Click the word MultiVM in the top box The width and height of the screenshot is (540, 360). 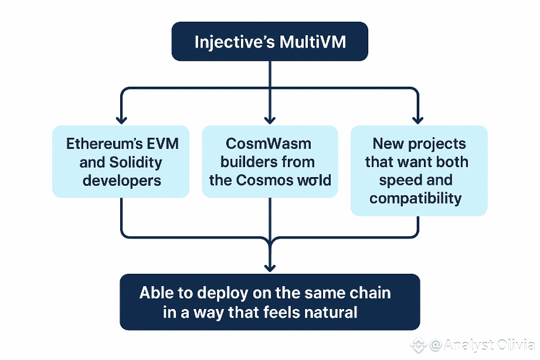click(x=313, y=42)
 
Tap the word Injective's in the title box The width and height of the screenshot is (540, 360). click(x=235, y=43)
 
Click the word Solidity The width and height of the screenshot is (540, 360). click(x=135, y=162)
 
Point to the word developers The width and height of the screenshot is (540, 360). click(x=122, y=181)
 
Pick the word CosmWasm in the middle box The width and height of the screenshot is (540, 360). click(x=269, y=144)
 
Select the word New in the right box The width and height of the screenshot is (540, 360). click(x=388, y=144)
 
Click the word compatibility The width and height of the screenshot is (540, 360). click(x=415, y=199)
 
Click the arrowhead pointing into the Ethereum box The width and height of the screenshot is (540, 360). click(x=121, y=120)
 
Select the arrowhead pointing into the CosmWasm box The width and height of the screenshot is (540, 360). click(x=270, y=120)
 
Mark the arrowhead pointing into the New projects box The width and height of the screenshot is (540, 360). click(x=417, y=120)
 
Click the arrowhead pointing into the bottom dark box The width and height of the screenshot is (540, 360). click(x=270, y=268)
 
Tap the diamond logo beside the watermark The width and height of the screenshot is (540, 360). click(x=419, y=345)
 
